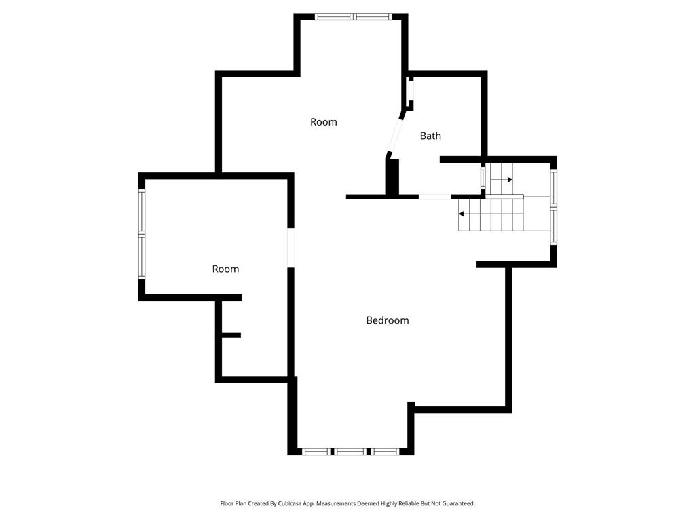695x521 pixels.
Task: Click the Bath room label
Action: point(430,136)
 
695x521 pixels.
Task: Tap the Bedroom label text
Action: point(388,320)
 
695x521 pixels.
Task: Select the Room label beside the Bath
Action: point(324,122)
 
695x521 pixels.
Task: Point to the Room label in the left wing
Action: point(225,269)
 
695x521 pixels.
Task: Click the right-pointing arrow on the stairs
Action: point(502,180)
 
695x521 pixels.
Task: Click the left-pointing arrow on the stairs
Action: point(469,214)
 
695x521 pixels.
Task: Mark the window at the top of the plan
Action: point(354,17)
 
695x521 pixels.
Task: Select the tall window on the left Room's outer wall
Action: point(142,234)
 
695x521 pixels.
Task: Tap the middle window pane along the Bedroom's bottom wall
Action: point(350,451)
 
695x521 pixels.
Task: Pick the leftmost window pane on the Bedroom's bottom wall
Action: point(316,451)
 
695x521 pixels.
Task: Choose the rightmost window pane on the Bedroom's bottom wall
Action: point(385,451)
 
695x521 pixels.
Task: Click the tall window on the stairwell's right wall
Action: point(554,207)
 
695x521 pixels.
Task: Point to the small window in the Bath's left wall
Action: point(411,90)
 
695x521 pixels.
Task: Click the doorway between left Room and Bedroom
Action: point(290,248)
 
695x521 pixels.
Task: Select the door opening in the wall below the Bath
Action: point(435,197)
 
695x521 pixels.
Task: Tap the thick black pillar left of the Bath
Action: point(392,177)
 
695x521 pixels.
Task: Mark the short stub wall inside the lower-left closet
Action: point(231,335)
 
